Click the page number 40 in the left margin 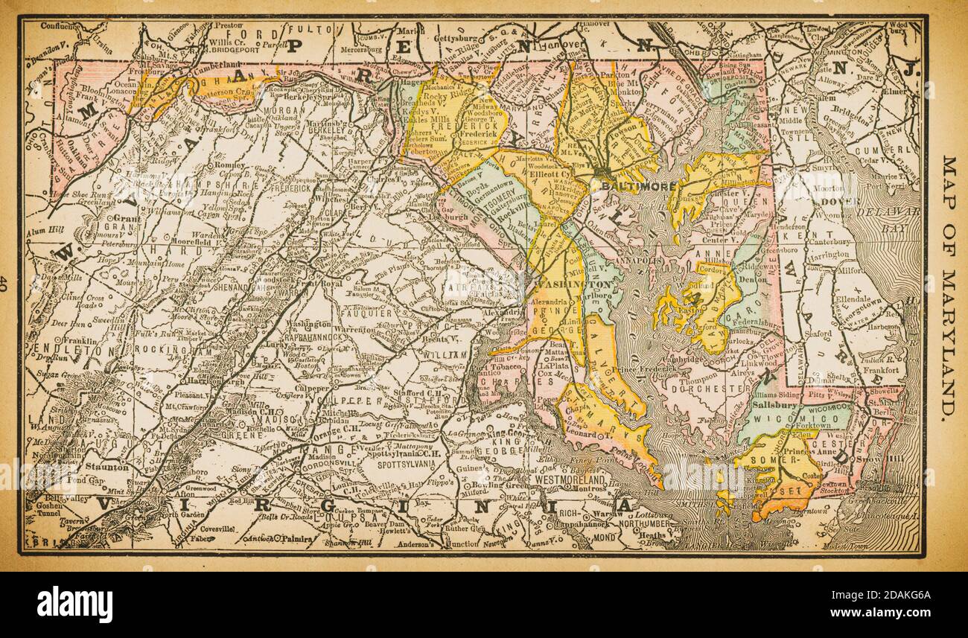(7, 284)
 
